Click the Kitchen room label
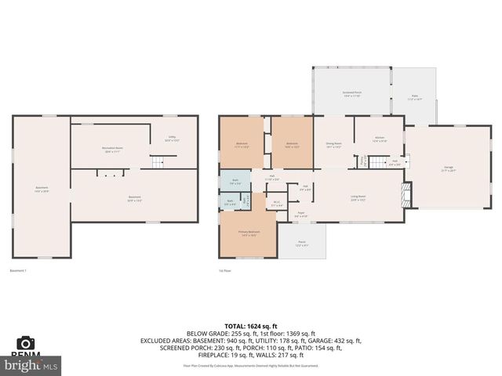(x=379, y=139)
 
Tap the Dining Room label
(x=333, y=145)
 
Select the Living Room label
(x=358, y=197)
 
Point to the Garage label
(x=449, y=168)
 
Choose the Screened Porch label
(x=351, y=93)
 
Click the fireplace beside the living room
(x=406, y=194)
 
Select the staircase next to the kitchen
(x=379, y=162)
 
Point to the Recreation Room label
(x=113, y=148)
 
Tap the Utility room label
(x=172, y=139)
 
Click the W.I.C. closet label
(x=276, y=203)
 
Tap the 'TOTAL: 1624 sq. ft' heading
(x=250, y=326)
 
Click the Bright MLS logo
(x=31, y=365)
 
